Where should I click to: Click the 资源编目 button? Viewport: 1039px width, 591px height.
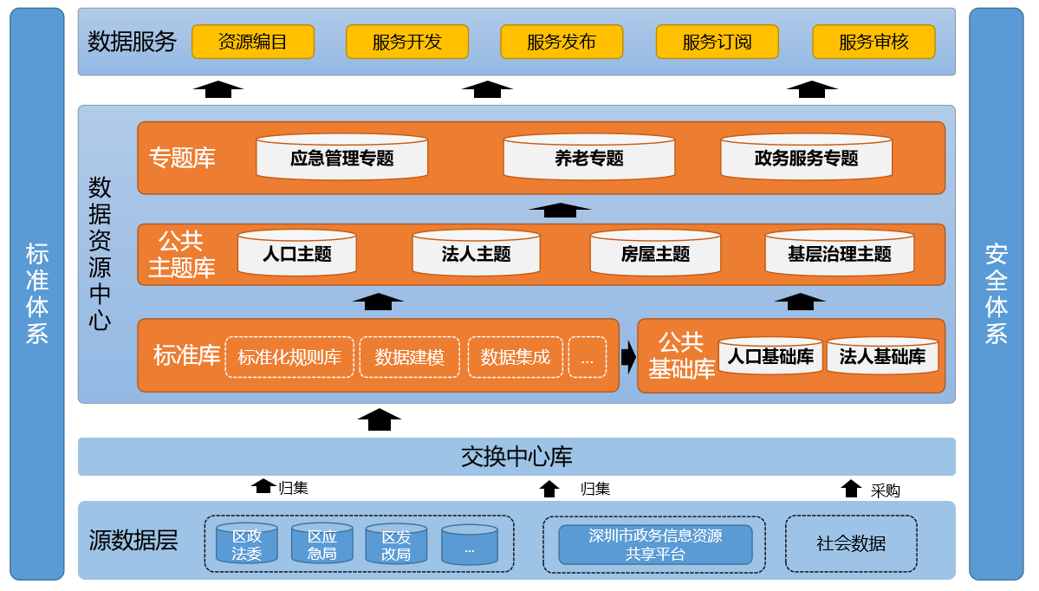pos(252,42)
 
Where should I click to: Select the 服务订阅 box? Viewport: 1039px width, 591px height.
pos(717,42)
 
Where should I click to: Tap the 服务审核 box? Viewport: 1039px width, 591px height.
pos(873,42)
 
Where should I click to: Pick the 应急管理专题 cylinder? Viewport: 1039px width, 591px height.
pos(341,158)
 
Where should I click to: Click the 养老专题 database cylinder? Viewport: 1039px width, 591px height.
pos(588,158)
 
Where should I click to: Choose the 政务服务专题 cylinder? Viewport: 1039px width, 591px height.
pos(806,158)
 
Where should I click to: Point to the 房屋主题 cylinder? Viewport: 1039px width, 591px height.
pos(655,254)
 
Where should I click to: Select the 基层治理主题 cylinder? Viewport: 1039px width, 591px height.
pos(839,254)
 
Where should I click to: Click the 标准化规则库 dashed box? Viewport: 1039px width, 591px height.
pos(289,357)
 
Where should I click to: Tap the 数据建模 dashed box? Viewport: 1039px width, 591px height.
pos(409,357)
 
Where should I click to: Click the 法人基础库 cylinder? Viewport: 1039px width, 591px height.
pos(882,356)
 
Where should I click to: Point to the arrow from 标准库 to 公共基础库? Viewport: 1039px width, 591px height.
pos(628,355)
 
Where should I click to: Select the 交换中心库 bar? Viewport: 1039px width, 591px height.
pos(516,457)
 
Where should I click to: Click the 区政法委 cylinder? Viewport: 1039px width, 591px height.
pos(247,544)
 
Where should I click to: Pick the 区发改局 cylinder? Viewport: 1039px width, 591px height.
pos(396,544)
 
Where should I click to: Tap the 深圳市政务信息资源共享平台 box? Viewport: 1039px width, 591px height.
pos(655,544)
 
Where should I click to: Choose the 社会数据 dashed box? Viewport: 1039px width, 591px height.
pos(851,544)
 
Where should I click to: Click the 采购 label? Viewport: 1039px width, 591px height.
pos(885,490)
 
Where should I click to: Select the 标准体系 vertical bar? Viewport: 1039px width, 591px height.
pos(37,294)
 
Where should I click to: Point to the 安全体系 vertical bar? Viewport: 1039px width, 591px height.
pos(997,294)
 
